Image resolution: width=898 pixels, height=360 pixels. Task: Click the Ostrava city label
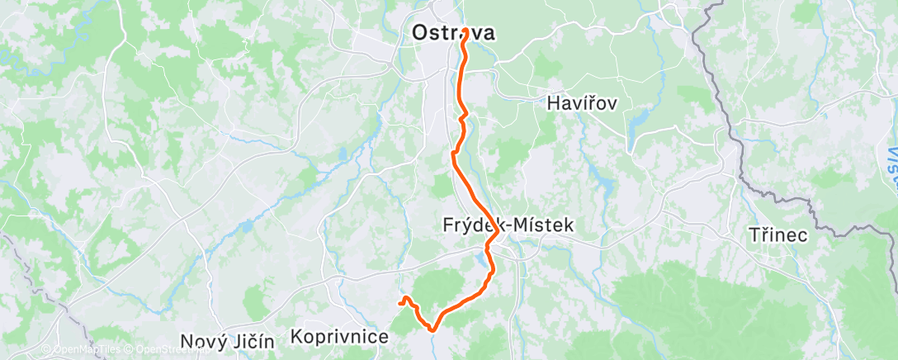pyautogui.click(x=453, y=34)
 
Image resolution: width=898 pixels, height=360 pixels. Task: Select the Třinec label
pyautogui.click(x=777, y=234)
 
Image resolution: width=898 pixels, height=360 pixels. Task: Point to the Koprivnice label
pyautogui.click(x=339, y=337)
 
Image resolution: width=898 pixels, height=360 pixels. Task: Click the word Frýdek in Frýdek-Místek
pyautogui.click(x=474, y=225)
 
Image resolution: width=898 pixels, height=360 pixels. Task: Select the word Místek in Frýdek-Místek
pyautogui.click(x=543, y=225)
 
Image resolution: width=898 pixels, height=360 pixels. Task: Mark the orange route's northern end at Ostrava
pyautogui.click(x=466, y=31)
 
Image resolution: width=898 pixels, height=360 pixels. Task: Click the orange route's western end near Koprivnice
pyautogui.click(x=400, y=303)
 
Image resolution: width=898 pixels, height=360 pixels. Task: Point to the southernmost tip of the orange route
pyautogui.click(x=432, y=329)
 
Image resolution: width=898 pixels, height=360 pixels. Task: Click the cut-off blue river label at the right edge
pyautogui.click(x=892, y=157)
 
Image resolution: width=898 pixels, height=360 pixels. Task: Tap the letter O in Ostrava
pyautogui.click(x=420, y=34)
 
